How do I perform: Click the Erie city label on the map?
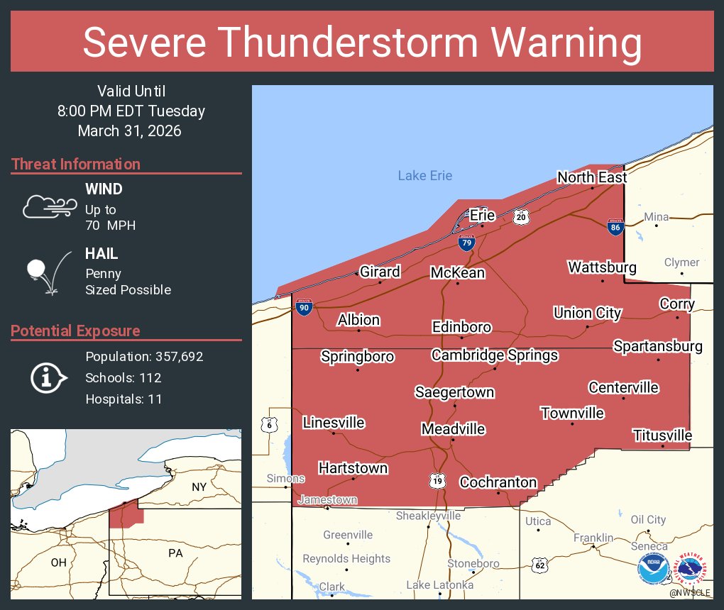[x=482, y=215]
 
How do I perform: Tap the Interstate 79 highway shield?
[x=466, y=243]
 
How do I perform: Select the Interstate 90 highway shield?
[x=303, y=307]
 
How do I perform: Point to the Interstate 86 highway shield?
[x=615, y=227]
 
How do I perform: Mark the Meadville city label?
[x=453, y=429]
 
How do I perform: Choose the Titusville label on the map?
[x=662, y=435]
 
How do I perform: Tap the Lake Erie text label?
[x=424, y=176]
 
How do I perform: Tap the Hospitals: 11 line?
[x=124, y=399]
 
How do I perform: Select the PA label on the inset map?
[x=175, y=553]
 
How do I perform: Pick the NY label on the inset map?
[x=199, y=487]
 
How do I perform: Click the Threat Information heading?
[x=75, y=164]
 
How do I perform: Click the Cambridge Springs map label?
[x=495, y=355]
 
